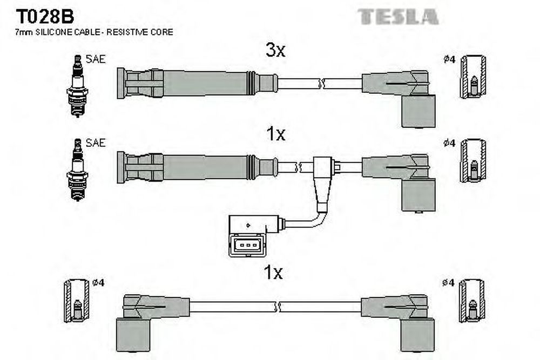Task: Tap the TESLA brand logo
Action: [x=398, y=17]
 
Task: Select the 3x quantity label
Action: [x=275, y=51]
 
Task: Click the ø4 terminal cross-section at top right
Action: [x=473, y=77]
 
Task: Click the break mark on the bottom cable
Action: [x=279, y=307]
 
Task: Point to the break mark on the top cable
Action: [x=321, y=84]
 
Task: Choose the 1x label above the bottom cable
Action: [x=274, y=273]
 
